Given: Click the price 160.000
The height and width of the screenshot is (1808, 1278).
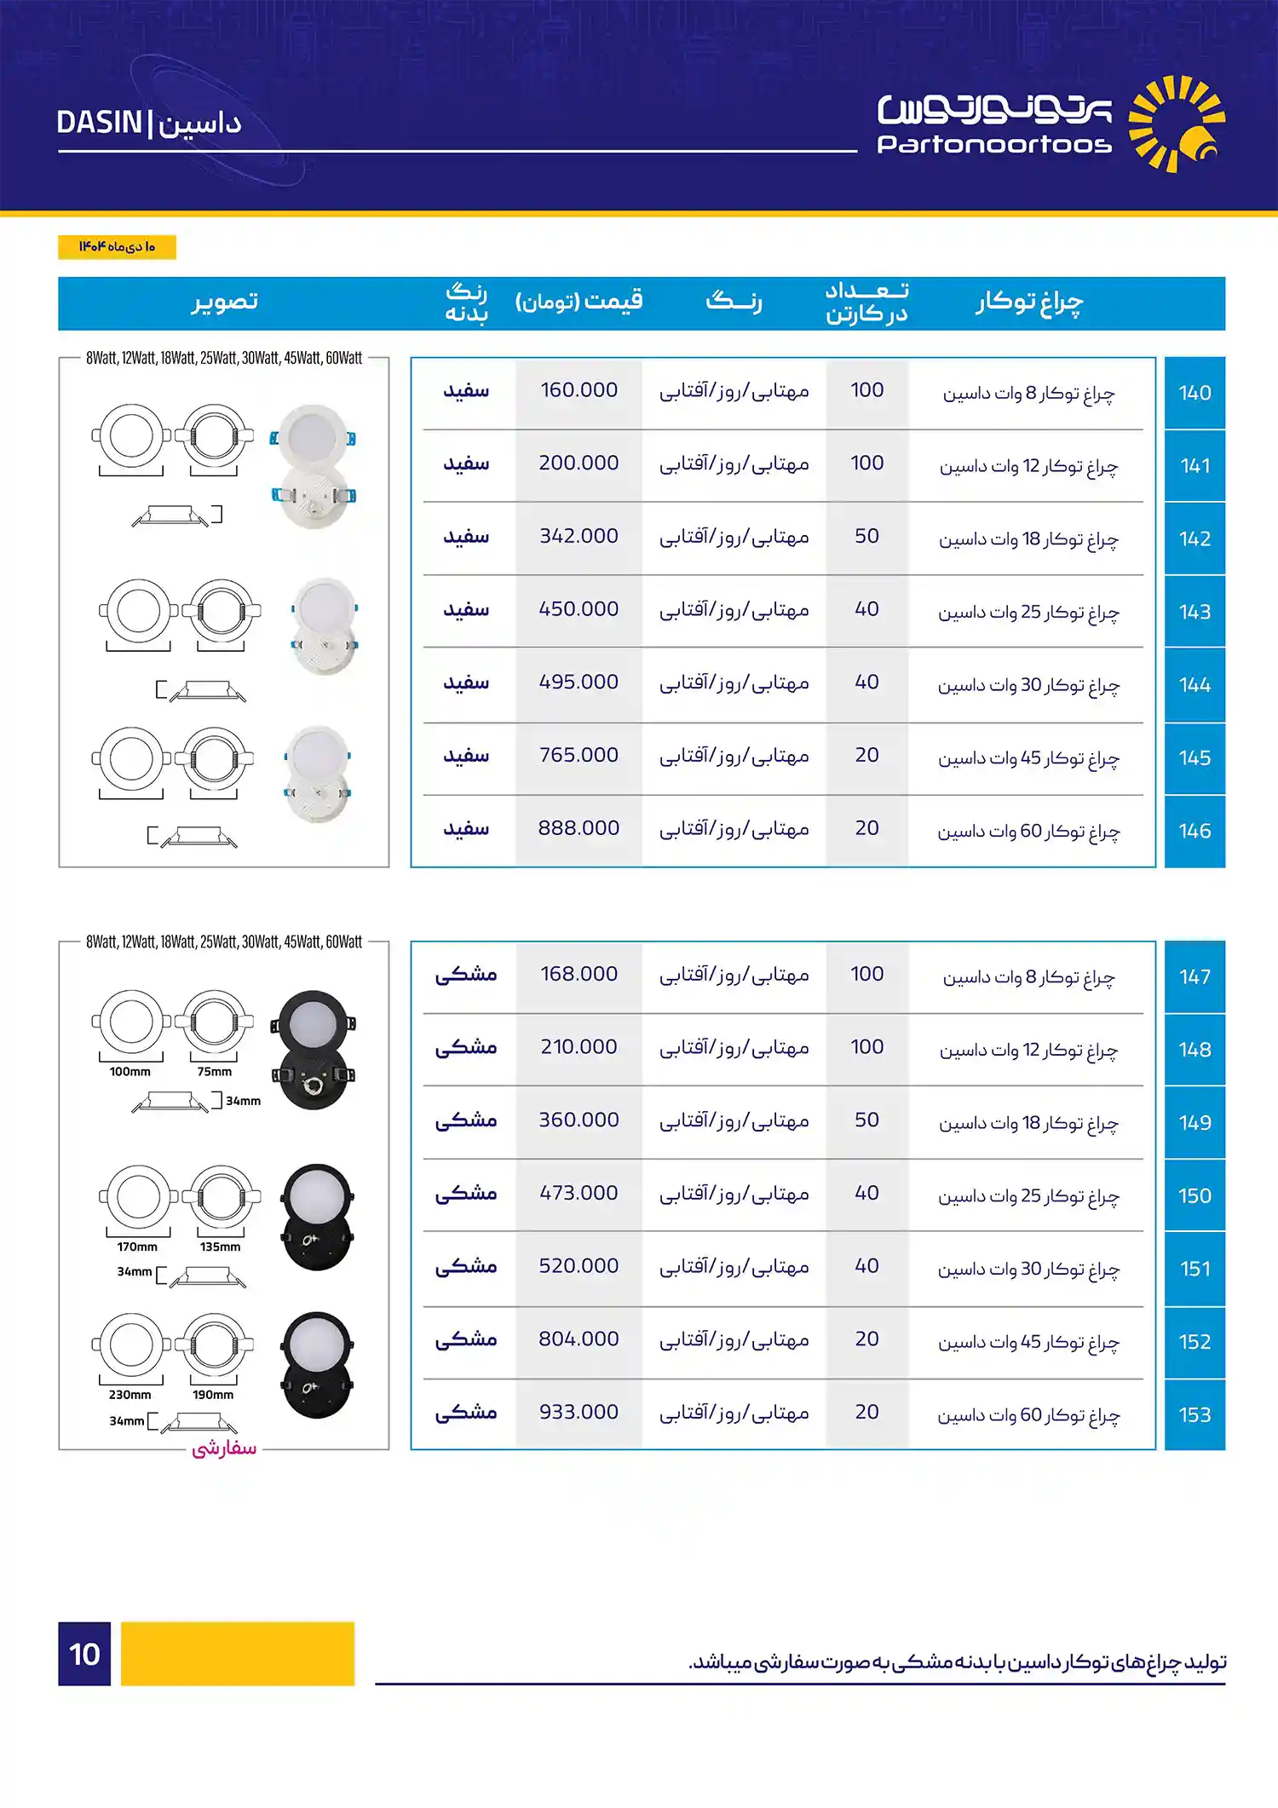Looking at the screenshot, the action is (579, 390).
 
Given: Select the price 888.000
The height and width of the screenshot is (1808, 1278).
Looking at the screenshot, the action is (579, 828).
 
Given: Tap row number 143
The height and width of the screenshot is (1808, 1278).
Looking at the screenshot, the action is (1195, 612).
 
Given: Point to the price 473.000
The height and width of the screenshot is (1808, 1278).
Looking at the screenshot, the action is (579, 1193).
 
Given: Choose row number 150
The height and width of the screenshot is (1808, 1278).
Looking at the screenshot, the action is (1195, 1196).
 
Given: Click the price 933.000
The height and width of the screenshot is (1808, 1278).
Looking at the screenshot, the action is (579, 1412).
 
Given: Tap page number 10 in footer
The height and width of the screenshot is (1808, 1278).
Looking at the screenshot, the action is (84, 1654).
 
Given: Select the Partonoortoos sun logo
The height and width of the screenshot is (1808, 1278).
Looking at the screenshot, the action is (1176, 124).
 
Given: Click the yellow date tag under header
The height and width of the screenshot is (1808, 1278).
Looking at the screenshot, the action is (117, 247).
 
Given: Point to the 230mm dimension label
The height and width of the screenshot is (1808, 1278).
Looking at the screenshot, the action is (130, 1395).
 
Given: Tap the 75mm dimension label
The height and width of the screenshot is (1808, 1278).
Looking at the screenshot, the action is (214, 1072).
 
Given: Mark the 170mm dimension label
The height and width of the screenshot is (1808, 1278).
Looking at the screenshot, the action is (137, 1247).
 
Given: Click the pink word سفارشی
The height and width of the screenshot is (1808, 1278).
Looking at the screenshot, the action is (224, 1448).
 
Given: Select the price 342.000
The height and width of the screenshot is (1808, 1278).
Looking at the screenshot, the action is (579, 536).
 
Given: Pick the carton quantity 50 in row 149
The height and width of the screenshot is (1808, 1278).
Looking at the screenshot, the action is (866, 1120).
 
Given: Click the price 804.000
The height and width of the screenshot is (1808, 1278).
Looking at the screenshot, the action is (579, 1339).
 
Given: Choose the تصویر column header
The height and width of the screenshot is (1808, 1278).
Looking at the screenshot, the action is (225, 302).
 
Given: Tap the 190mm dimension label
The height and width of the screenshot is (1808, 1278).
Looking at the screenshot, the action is (213, 1395).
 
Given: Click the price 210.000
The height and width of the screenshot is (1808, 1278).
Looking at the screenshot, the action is (579, 1047).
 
